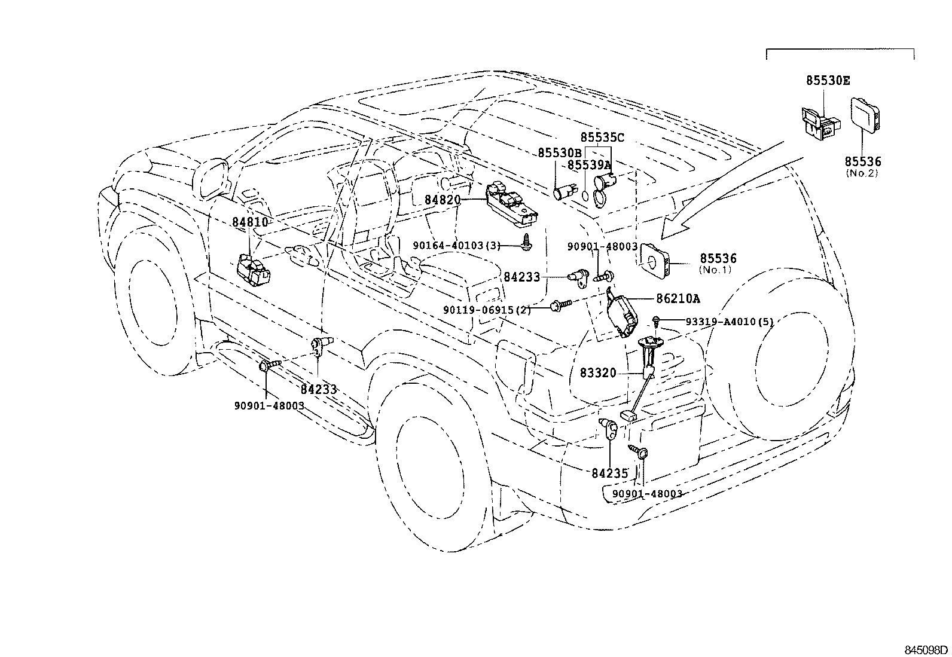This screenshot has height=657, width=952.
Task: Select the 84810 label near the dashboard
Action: [x=250, y=222]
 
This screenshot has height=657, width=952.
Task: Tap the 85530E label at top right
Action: [x=828, y=81]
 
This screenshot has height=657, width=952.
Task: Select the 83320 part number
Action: [x=598, y=373]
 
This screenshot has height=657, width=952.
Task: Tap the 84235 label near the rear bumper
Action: [x=610, y=473]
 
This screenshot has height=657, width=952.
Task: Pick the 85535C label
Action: [x=602, y=137]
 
